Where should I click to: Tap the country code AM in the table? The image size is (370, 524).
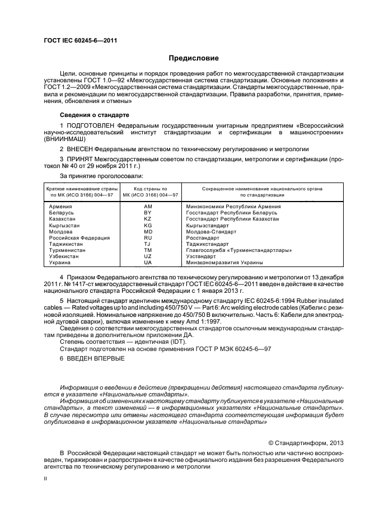click(x=148, y=207)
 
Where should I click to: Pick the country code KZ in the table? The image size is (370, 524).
click(x=148, y=219)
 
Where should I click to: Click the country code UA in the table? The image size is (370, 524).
click(x=148, y=263)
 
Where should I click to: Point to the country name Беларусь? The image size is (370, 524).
click(x=62, y=213)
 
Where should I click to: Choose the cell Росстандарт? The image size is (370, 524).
click(x=203, y=237)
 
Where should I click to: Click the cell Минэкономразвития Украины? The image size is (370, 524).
click(x=224, y=263)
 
